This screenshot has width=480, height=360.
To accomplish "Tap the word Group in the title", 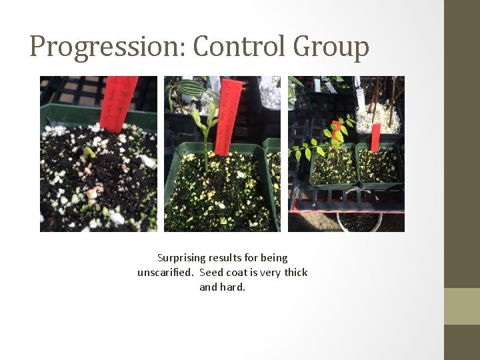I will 331,47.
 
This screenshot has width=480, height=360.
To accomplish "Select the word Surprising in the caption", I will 181,257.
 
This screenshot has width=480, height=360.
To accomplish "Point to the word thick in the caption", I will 295,273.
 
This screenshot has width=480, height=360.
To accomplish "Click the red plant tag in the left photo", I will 121,103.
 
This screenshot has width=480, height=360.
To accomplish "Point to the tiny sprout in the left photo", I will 89,153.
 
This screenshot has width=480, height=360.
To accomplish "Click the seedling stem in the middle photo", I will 206,150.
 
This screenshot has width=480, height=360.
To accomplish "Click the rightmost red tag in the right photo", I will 375,137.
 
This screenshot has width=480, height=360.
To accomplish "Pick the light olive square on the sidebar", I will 461,306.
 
